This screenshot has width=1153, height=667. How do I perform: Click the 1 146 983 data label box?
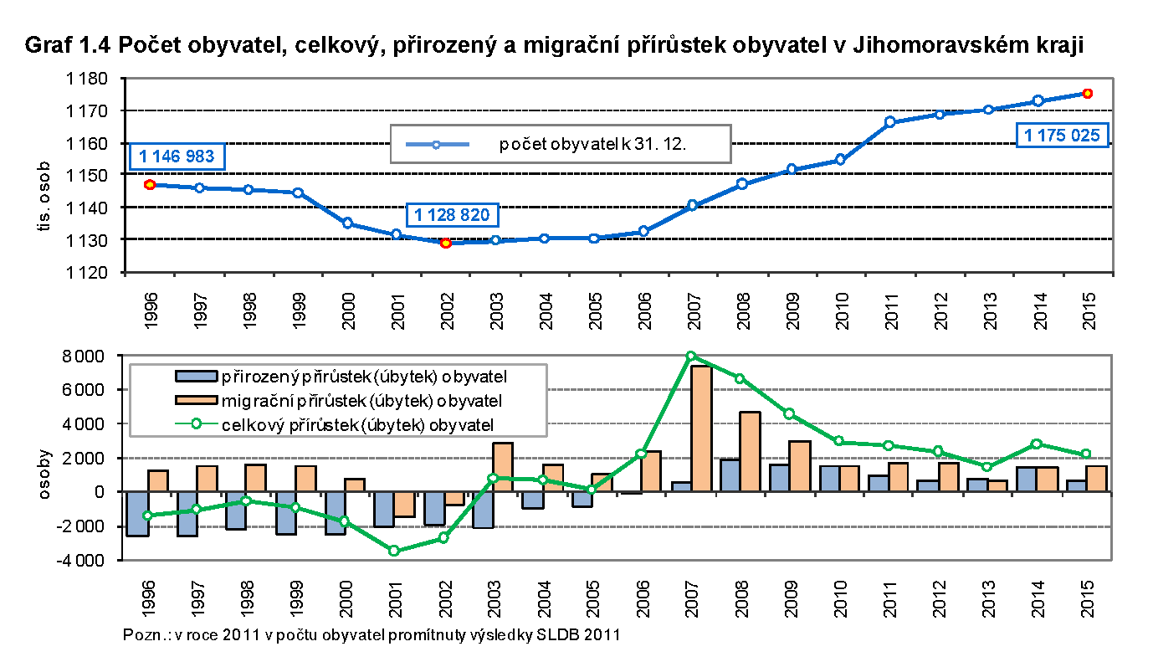point(177,156)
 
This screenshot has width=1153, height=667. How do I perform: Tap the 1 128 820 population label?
point(452,215)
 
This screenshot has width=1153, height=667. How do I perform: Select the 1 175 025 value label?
point(1061,135)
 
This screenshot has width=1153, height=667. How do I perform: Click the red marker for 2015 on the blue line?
point(1087,94)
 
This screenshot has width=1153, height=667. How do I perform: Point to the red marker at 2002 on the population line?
point(446,243)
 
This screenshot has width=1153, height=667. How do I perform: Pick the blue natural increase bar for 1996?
point(137,513)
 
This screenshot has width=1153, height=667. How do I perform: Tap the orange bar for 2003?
point(502,467)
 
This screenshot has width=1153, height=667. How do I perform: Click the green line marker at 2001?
point(394,551)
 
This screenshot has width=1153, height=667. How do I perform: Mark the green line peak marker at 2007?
point(690,356)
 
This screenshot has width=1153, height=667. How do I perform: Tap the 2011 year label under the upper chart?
point(889,311)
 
